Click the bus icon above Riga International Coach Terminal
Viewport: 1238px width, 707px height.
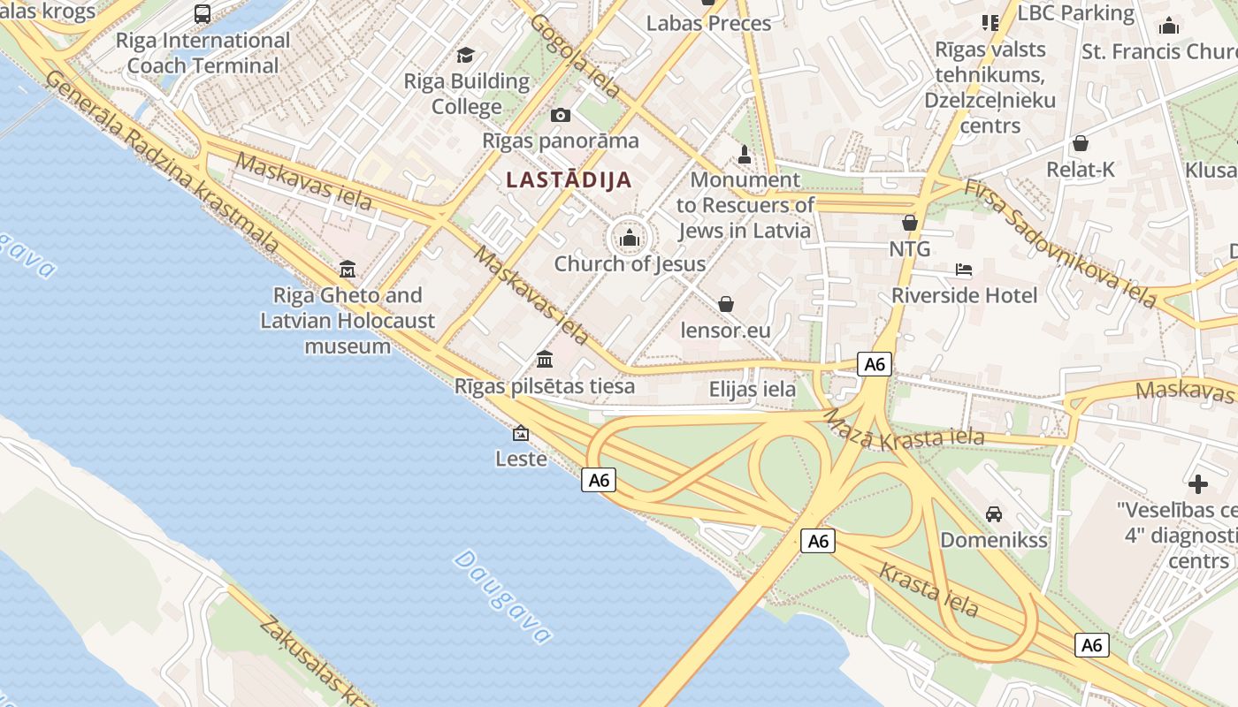click(203, 14)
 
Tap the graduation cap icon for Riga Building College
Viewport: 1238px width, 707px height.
click(466, 56)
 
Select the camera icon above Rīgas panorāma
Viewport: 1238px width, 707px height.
click(560, 115)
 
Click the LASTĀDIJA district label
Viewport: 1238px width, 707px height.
click(569, 180)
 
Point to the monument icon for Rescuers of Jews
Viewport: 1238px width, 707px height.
click(744, 155)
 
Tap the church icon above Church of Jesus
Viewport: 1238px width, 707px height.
click(630, 238)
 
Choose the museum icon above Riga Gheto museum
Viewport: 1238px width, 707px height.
click(348, 269)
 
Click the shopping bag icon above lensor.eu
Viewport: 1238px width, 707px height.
click(726, 305)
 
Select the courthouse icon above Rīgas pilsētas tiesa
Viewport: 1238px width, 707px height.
click(545, 360)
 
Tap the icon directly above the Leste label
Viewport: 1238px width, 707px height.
click(521, 433)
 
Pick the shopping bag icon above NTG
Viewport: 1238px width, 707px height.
click(910, 223)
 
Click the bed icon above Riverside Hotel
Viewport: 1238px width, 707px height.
click(964, 269)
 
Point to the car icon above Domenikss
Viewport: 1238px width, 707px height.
click(994, 513)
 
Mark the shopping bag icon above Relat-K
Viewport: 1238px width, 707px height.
click(1080, 143)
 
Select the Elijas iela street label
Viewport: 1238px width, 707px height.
click(753, 389)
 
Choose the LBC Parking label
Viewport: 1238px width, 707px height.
click(1075, 13)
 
